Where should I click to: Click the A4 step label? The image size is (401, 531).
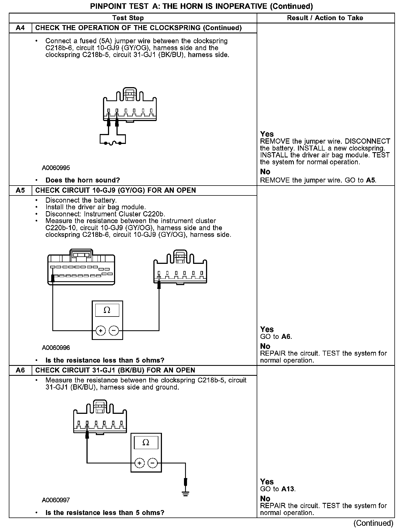(20, 28)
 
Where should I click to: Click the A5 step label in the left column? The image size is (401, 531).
(20, 190)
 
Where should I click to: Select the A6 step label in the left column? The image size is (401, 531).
(20, 370)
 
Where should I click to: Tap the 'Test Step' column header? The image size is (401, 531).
(128, 18)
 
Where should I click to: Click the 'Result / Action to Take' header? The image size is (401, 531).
(325, 18)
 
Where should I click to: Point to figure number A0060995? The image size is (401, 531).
(56, 168)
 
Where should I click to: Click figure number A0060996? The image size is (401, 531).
(56, 348)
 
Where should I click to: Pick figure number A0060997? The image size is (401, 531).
(56, 500)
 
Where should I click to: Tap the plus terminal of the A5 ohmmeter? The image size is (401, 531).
(101, 330)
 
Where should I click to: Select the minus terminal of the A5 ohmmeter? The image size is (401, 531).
(114, 330)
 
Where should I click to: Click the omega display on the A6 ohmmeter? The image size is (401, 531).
(146, 443)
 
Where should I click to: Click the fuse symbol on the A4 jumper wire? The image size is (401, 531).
(113, 143)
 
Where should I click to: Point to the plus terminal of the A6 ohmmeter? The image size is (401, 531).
(139, 463)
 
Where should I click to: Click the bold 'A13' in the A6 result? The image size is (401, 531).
(288, 489)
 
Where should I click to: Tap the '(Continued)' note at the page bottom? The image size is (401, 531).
(373, 523)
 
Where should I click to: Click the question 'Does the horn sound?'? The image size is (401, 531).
(83, 180)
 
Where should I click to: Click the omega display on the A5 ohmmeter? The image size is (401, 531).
(107, 310)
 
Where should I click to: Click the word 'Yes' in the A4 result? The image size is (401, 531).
(267, 134)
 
